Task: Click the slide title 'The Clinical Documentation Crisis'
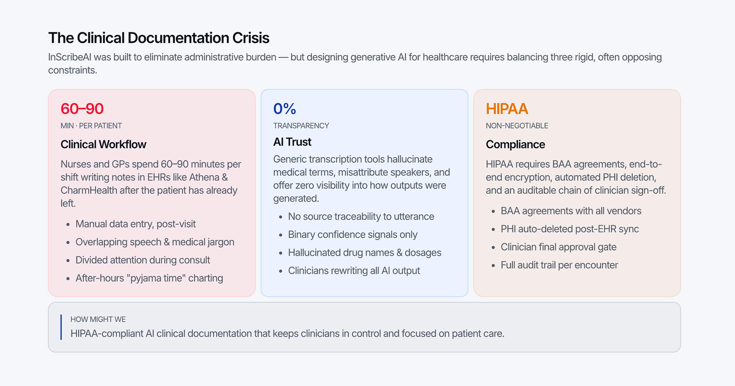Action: tap(159, 38)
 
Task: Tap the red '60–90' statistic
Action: tap(82, 109)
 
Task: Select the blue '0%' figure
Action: tap(284, 109)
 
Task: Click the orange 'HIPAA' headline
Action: tap(507, 109)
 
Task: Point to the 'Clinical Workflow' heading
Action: tap(103, 144)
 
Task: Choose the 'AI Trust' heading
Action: tap(292, 142)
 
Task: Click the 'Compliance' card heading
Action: tap(515, 144)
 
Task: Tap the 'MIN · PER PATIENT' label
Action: tap(91, 126)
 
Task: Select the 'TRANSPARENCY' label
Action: tap(301, 126)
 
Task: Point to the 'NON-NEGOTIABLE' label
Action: tap(517, 126)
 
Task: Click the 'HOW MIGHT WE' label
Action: tap(98, 319)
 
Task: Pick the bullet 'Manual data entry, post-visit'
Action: tap(136, 224)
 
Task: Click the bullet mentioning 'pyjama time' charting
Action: tap(149, 278)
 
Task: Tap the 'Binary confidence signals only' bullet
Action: tap(353, 235)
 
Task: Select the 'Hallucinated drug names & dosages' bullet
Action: tap(364, 252)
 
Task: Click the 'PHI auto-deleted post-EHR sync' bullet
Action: tap(570, 229)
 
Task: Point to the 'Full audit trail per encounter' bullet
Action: tap(559, 265)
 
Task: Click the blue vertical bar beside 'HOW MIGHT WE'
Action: tap(61, 327)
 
